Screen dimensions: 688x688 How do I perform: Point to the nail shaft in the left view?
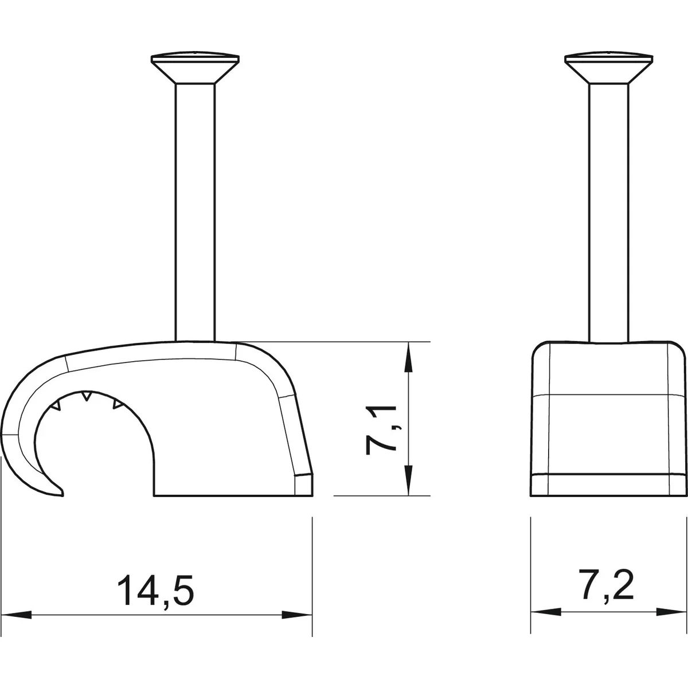[x=195, y=213]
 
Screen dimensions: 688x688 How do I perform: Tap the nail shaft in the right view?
[x=608, y=213]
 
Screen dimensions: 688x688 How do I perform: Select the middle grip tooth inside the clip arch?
[x=86, y=396]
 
